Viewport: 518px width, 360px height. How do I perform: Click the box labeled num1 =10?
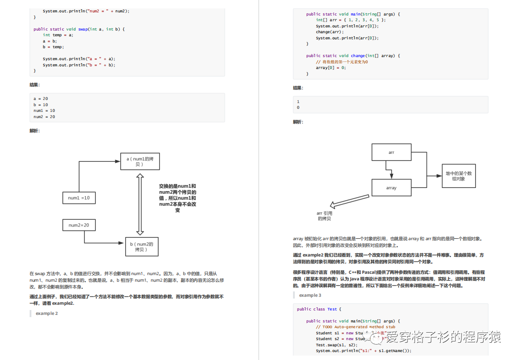coord(79,198)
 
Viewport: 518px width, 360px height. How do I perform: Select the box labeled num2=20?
coord(79,225)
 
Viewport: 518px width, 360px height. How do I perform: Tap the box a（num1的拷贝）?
coord(140,161)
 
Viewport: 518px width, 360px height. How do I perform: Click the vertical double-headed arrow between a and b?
coord(140,204)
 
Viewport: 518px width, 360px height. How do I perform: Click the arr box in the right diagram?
coord(391,153)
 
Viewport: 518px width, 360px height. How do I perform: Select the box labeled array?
coord(391,188)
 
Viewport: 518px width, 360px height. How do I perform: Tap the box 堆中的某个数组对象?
coord(458,176)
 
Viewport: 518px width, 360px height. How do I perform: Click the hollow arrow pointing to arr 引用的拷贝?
coord(349,201)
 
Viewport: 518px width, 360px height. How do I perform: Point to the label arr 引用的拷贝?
coord(324,216)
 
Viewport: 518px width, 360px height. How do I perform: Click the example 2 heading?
coord(47,314)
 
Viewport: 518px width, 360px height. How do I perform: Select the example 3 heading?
coord(310,295)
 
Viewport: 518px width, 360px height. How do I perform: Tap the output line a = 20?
coord(41,98)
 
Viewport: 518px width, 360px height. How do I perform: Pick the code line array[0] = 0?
coord(331,68)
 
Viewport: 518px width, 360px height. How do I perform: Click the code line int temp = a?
coord(58,35)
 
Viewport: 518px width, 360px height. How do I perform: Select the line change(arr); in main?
coord(329,32)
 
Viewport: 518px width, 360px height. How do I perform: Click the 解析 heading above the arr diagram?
coord(298,122)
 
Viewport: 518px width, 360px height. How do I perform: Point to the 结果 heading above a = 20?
coord(34,84)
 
